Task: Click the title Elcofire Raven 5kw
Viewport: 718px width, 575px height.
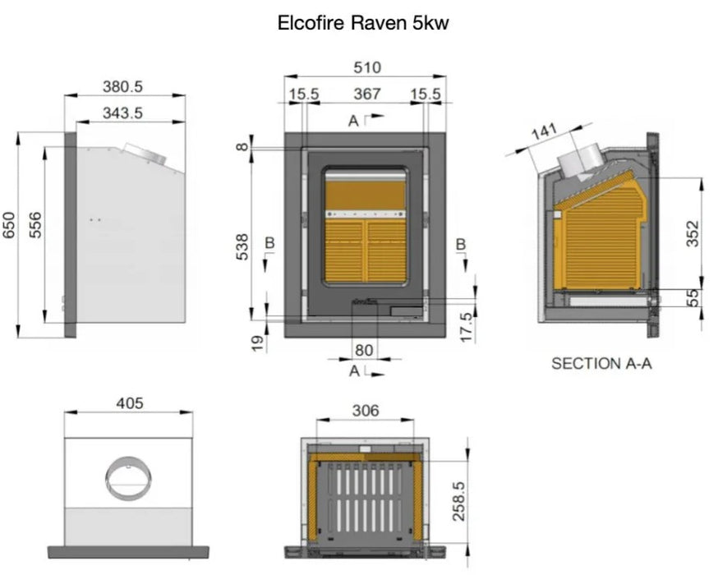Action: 364,24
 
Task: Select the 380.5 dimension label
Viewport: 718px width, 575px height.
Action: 122,86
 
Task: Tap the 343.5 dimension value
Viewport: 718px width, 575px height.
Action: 122,113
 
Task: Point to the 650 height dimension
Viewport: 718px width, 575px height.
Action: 9,225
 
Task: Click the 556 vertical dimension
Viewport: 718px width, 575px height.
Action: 35,225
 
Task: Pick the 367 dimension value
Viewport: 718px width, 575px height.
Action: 366,94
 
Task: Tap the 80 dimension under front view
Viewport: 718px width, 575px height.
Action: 364,349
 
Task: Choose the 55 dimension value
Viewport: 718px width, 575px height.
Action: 692,297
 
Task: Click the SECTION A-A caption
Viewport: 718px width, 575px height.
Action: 601,363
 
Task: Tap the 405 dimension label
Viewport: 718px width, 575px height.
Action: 129,402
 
